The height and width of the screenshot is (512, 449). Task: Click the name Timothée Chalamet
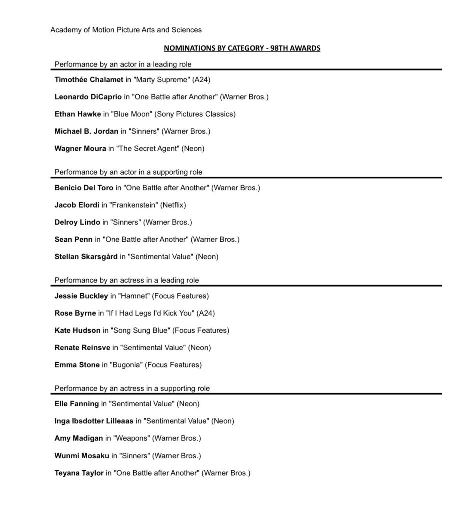point(88,79)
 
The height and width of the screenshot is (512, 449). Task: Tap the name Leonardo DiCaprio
point(88,97)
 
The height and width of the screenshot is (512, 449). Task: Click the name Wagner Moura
point(80,148)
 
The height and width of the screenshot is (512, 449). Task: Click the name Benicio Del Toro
point(84,188)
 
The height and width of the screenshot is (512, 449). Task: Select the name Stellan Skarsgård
point(86,257)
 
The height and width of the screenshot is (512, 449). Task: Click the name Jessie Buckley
point(81,296)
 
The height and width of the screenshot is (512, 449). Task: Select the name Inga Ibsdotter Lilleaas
point(94,421)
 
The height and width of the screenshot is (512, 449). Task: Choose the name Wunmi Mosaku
point(82,456)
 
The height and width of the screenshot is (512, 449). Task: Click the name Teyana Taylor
point(79,473)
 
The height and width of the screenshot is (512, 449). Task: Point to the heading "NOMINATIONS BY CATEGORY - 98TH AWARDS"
point(242,48)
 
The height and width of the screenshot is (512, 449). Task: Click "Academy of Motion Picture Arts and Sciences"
point(126,30)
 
